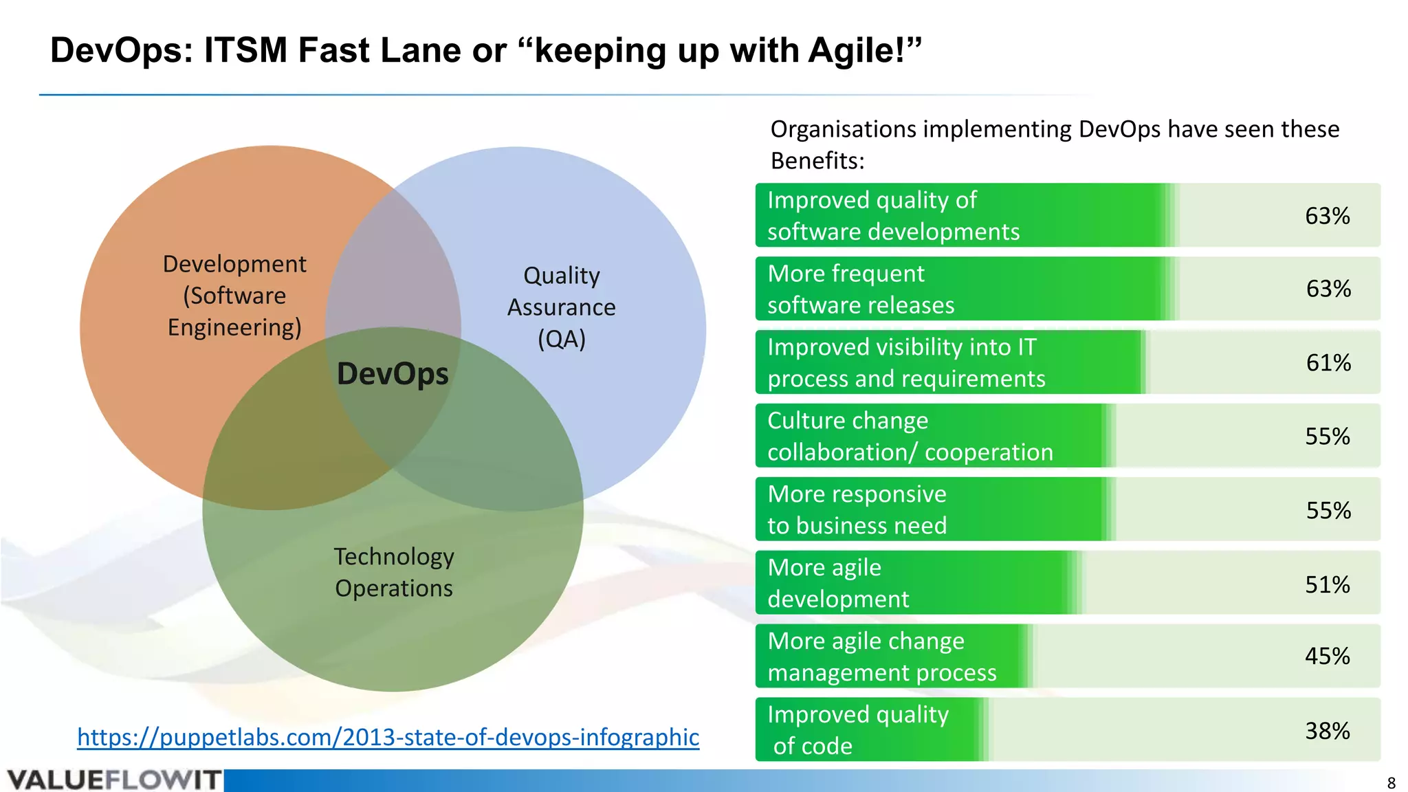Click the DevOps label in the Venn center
click(x=393, y=374)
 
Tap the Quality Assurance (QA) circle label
click(x=561, y=307)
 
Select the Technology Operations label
click(x=394, y=572)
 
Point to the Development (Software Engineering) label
click(x=234, y=296)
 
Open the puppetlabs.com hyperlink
click(x=388, y=737)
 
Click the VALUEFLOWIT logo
click(x=114, y=780)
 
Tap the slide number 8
click(x=1391, y=783)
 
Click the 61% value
click(x=1328, y=362)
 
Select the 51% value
click(x=1328, y=584)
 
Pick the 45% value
click(x=1328, y=656)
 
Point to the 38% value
click(x=1328, y=731)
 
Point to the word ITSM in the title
click(x=245, y=50)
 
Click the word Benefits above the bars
click(x=817, y=161)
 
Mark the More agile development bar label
click(x=838, y=584)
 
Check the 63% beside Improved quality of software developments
click(x=1328, y=216)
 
